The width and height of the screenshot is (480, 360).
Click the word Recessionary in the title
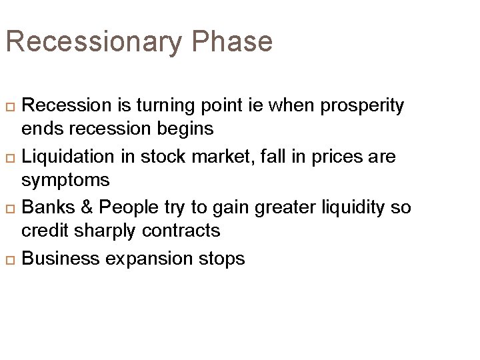click(93, 41)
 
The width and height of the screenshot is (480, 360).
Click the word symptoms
click(65, 180)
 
